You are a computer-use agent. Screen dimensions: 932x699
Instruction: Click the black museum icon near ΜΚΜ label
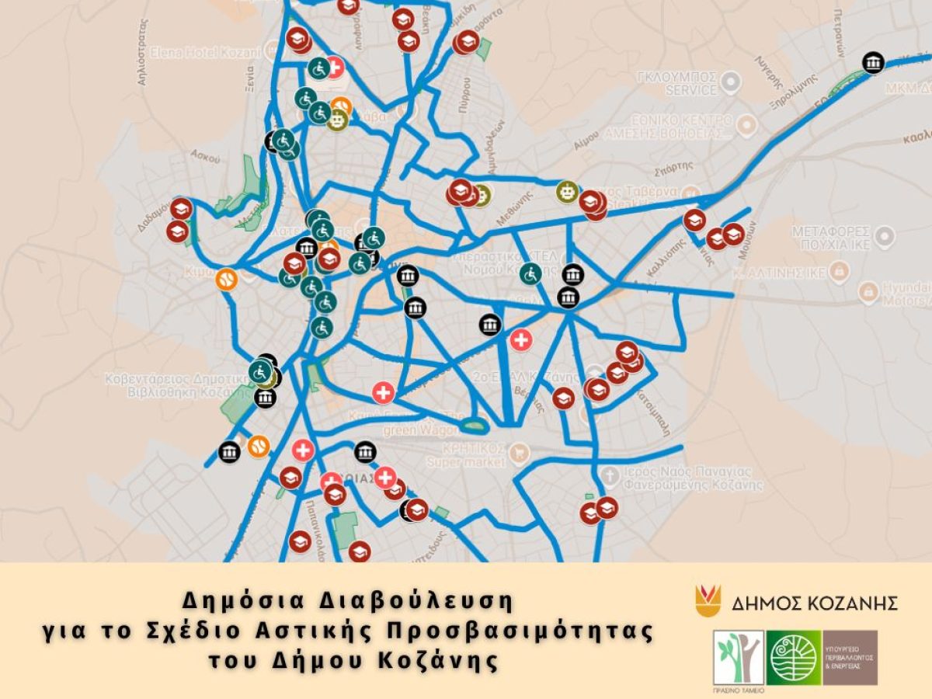(873, 62)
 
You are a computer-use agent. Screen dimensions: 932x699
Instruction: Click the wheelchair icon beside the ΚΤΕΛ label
(530, 273)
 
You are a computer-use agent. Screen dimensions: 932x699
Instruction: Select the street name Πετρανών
(840, 33)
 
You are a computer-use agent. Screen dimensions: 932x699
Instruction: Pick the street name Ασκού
(200, 155)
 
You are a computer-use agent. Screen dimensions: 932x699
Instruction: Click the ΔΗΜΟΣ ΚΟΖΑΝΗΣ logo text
(815, 603)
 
